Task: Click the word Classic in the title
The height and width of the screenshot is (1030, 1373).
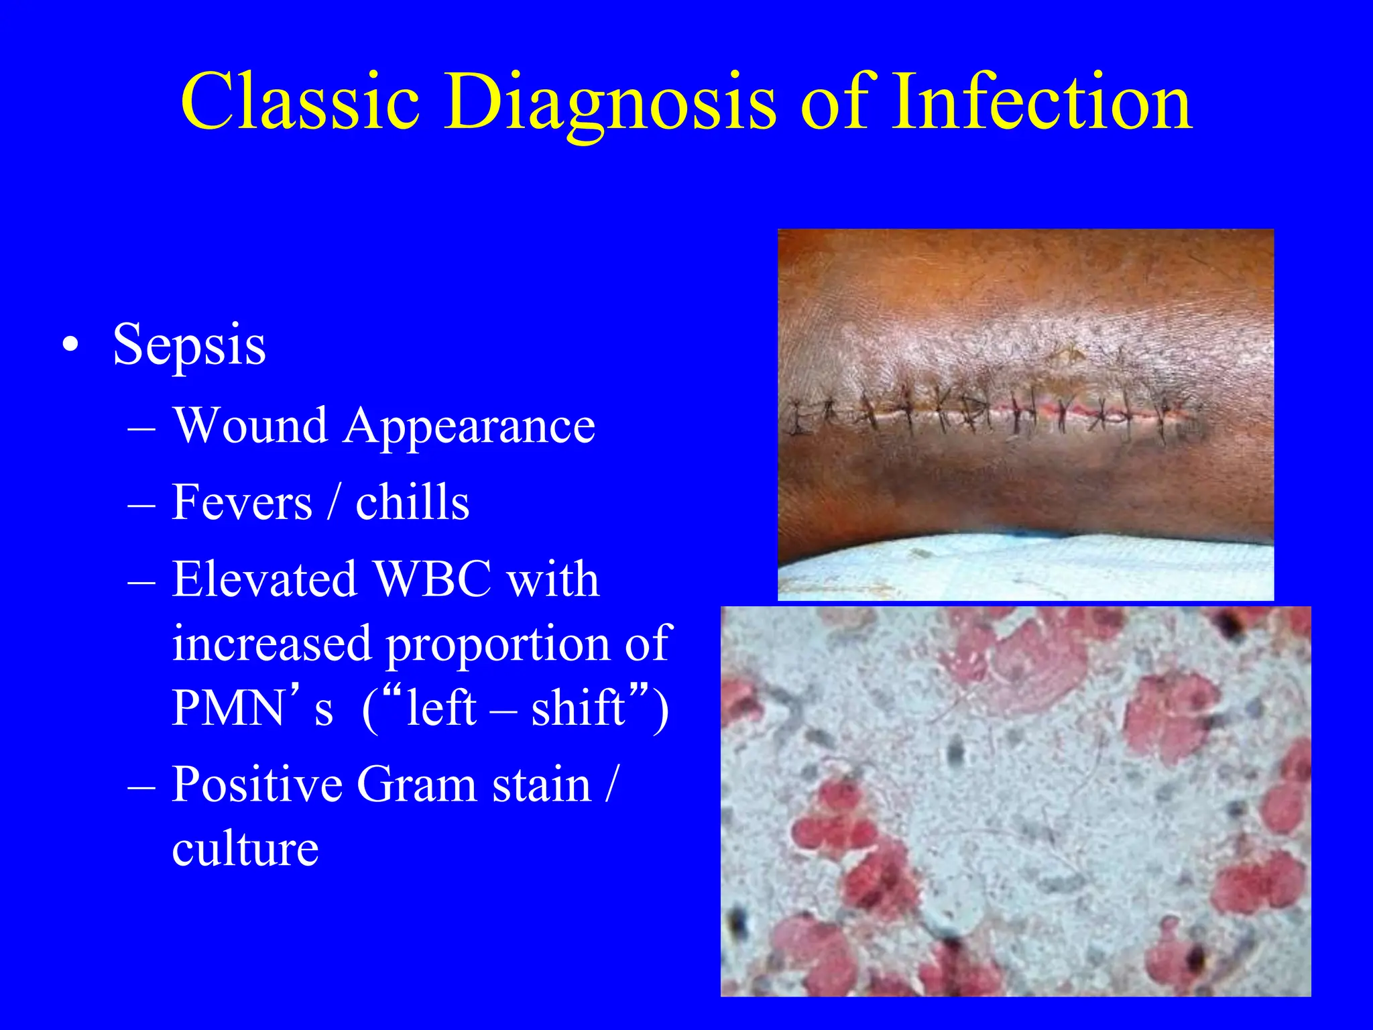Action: [x=300, y=102]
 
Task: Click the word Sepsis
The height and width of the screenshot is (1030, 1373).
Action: [x=189, y=345]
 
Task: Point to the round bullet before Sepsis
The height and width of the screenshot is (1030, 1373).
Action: [x=70, y=346]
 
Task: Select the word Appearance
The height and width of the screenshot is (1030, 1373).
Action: [x=469, y=428]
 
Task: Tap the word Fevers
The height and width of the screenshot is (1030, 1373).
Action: [x=242, y=502]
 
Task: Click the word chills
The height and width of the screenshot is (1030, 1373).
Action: [x=412, y=502]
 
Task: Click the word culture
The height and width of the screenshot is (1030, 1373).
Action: [x=245, y=849]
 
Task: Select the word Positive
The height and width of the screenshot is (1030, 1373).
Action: [x=257, y=784]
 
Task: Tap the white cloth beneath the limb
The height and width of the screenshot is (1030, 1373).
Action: [x=1026, y=570]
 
